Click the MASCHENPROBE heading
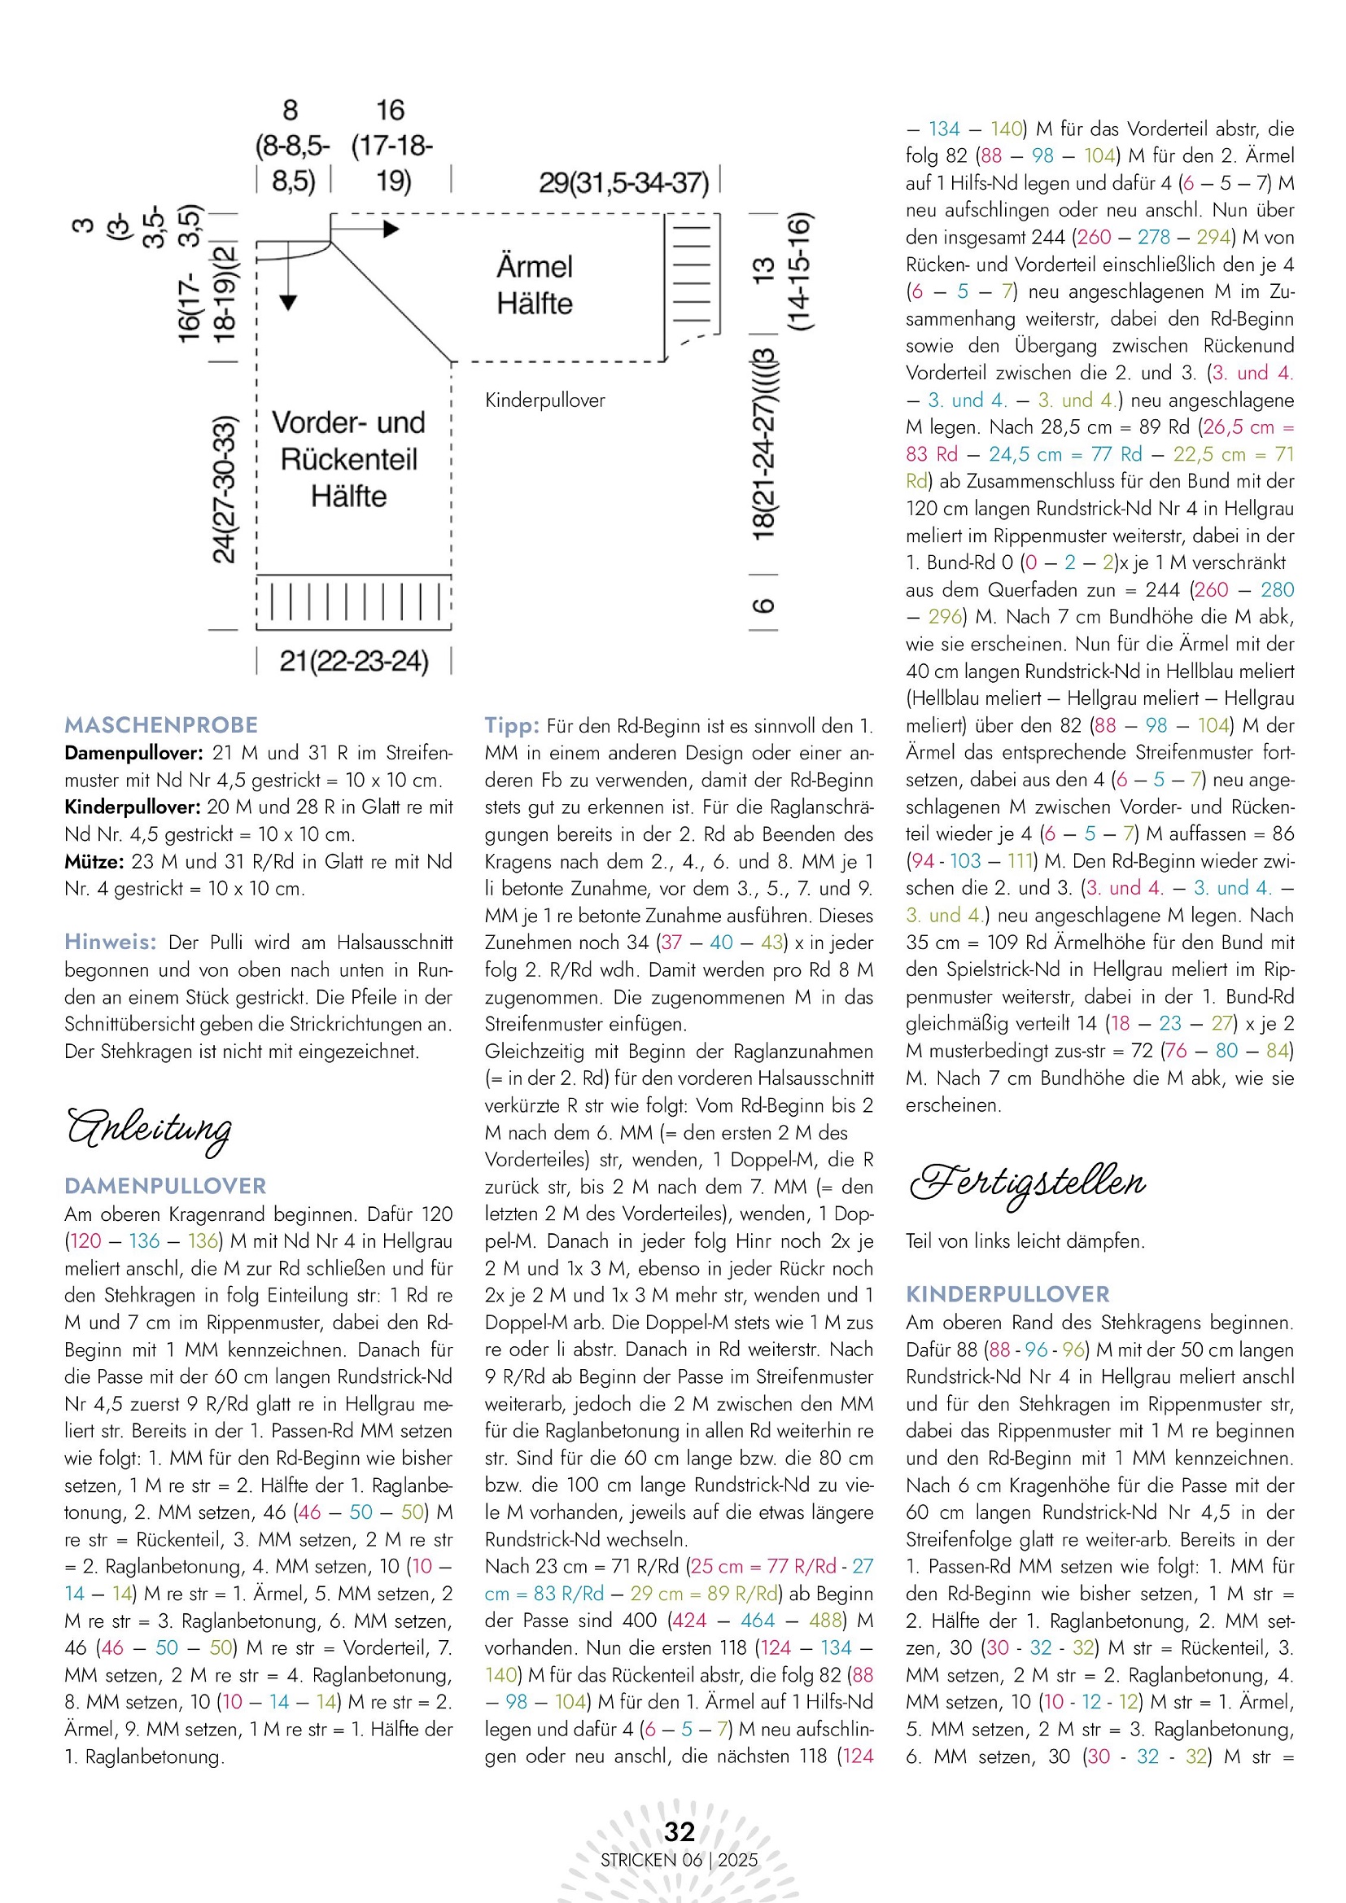(x=161, y=725)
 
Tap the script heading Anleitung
(x=149, y=1129)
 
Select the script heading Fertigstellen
(x=1027, y=1182)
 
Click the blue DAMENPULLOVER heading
(x=165, y=1186)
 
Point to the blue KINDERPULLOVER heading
(x=1007, y=1294)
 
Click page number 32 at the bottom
(x=679, y=1831)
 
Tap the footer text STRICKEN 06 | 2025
(x=679, y=1860)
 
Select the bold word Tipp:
(x=511, y=726)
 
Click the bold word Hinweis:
(x=110, y=943)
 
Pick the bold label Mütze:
(x=94, y=862)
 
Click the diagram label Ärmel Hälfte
(x=535, y=285)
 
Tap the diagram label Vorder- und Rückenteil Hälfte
(x=349, y=459)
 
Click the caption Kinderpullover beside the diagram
(x=544, y=400)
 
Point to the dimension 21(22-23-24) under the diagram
(x=354, y=662)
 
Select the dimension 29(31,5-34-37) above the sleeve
(x=623, y=182)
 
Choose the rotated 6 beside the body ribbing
(x=763, y=605)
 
